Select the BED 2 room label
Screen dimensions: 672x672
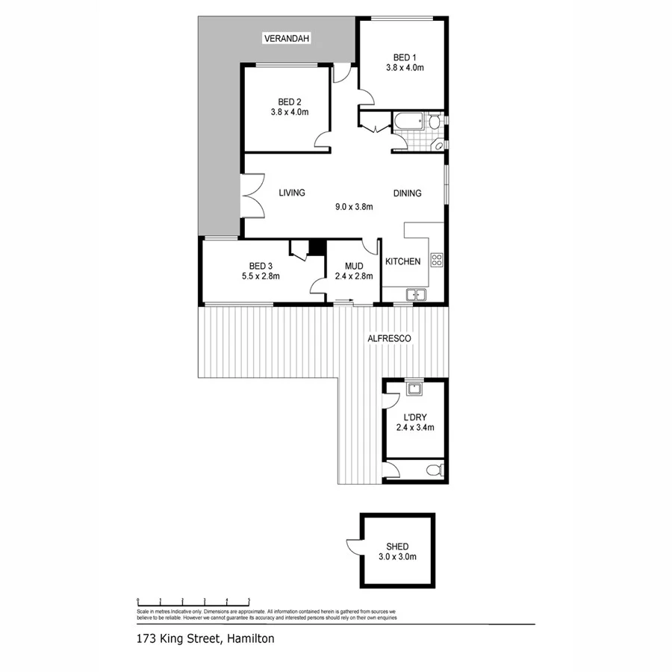(289, 102)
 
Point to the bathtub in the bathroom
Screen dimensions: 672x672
(409, 122)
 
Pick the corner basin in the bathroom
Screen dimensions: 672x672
(439, 145)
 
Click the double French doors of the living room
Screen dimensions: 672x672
(252, 196)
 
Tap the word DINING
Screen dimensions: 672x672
(407, 193)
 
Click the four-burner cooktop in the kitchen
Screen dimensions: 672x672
(436, 261)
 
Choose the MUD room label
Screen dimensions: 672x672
(353, 266)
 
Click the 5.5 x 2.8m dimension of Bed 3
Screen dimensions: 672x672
(260, 276)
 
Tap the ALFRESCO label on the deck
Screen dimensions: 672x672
(390, 338)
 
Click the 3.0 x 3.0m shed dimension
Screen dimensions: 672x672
(396, 557)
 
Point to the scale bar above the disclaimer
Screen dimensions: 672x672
(193, 600)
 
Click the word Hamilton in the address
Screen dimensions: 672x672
(249, 638)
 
